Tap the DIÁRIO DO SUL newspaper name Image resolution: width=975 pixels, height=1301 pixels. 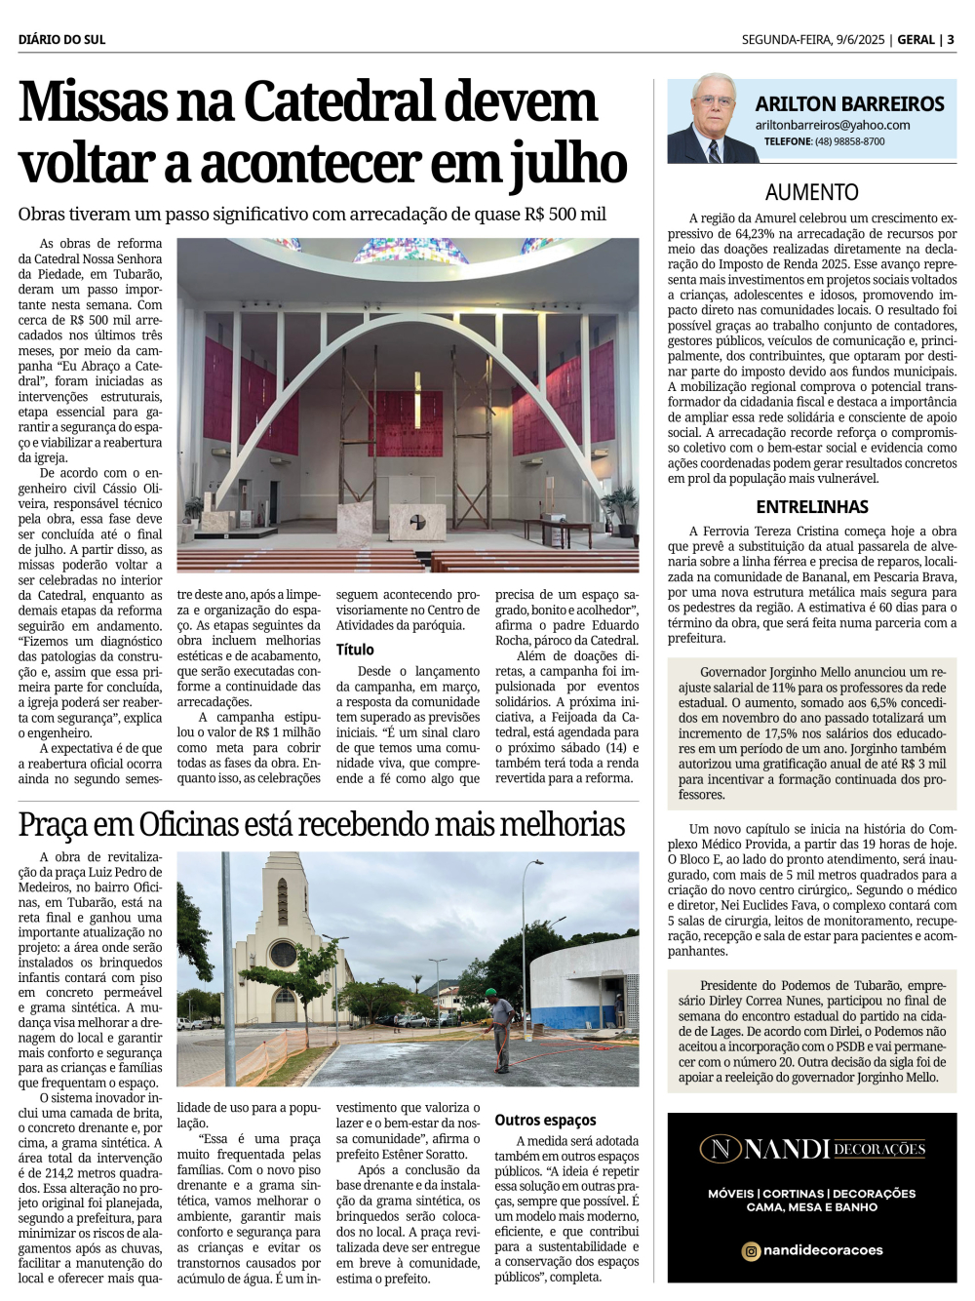tap(61, 40)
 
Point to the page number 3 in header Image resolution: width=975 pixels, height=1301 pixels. tap(951, 40)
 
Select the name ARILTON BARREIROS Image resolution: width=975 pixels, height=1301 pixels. tap(849, 104)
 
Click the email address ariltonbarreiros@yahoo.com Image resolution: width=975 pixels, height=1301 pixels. tap(832, 126)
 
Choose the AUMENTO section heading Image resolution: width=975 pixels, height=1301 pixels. tap(811, 193)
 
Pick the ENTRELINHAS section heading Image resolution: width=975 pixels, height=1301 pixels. tap(811, 507)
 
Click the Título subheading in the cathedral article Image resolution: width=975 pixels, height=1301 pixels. tap(355, 650)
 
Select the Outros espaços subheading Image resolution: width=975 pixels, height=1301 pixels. tap(545, 1121)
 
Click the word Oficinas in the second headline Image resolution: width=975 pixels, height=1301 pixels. tap(196, 825)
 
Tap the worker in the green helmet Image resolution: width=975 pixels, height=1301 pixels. tap(500, 1028)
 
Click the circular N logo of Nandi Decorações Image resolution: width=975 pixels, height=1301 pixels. tap(721, 1149)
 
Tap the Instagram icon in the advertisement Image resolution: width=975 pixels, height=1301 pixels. tap(751, 1250)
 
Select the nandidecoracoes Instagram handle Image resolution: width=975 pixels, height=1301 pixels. tap(823, 1250)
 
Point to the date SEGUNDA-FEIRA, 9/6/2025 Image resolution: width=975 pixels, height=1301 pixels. tap(812, 40)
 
